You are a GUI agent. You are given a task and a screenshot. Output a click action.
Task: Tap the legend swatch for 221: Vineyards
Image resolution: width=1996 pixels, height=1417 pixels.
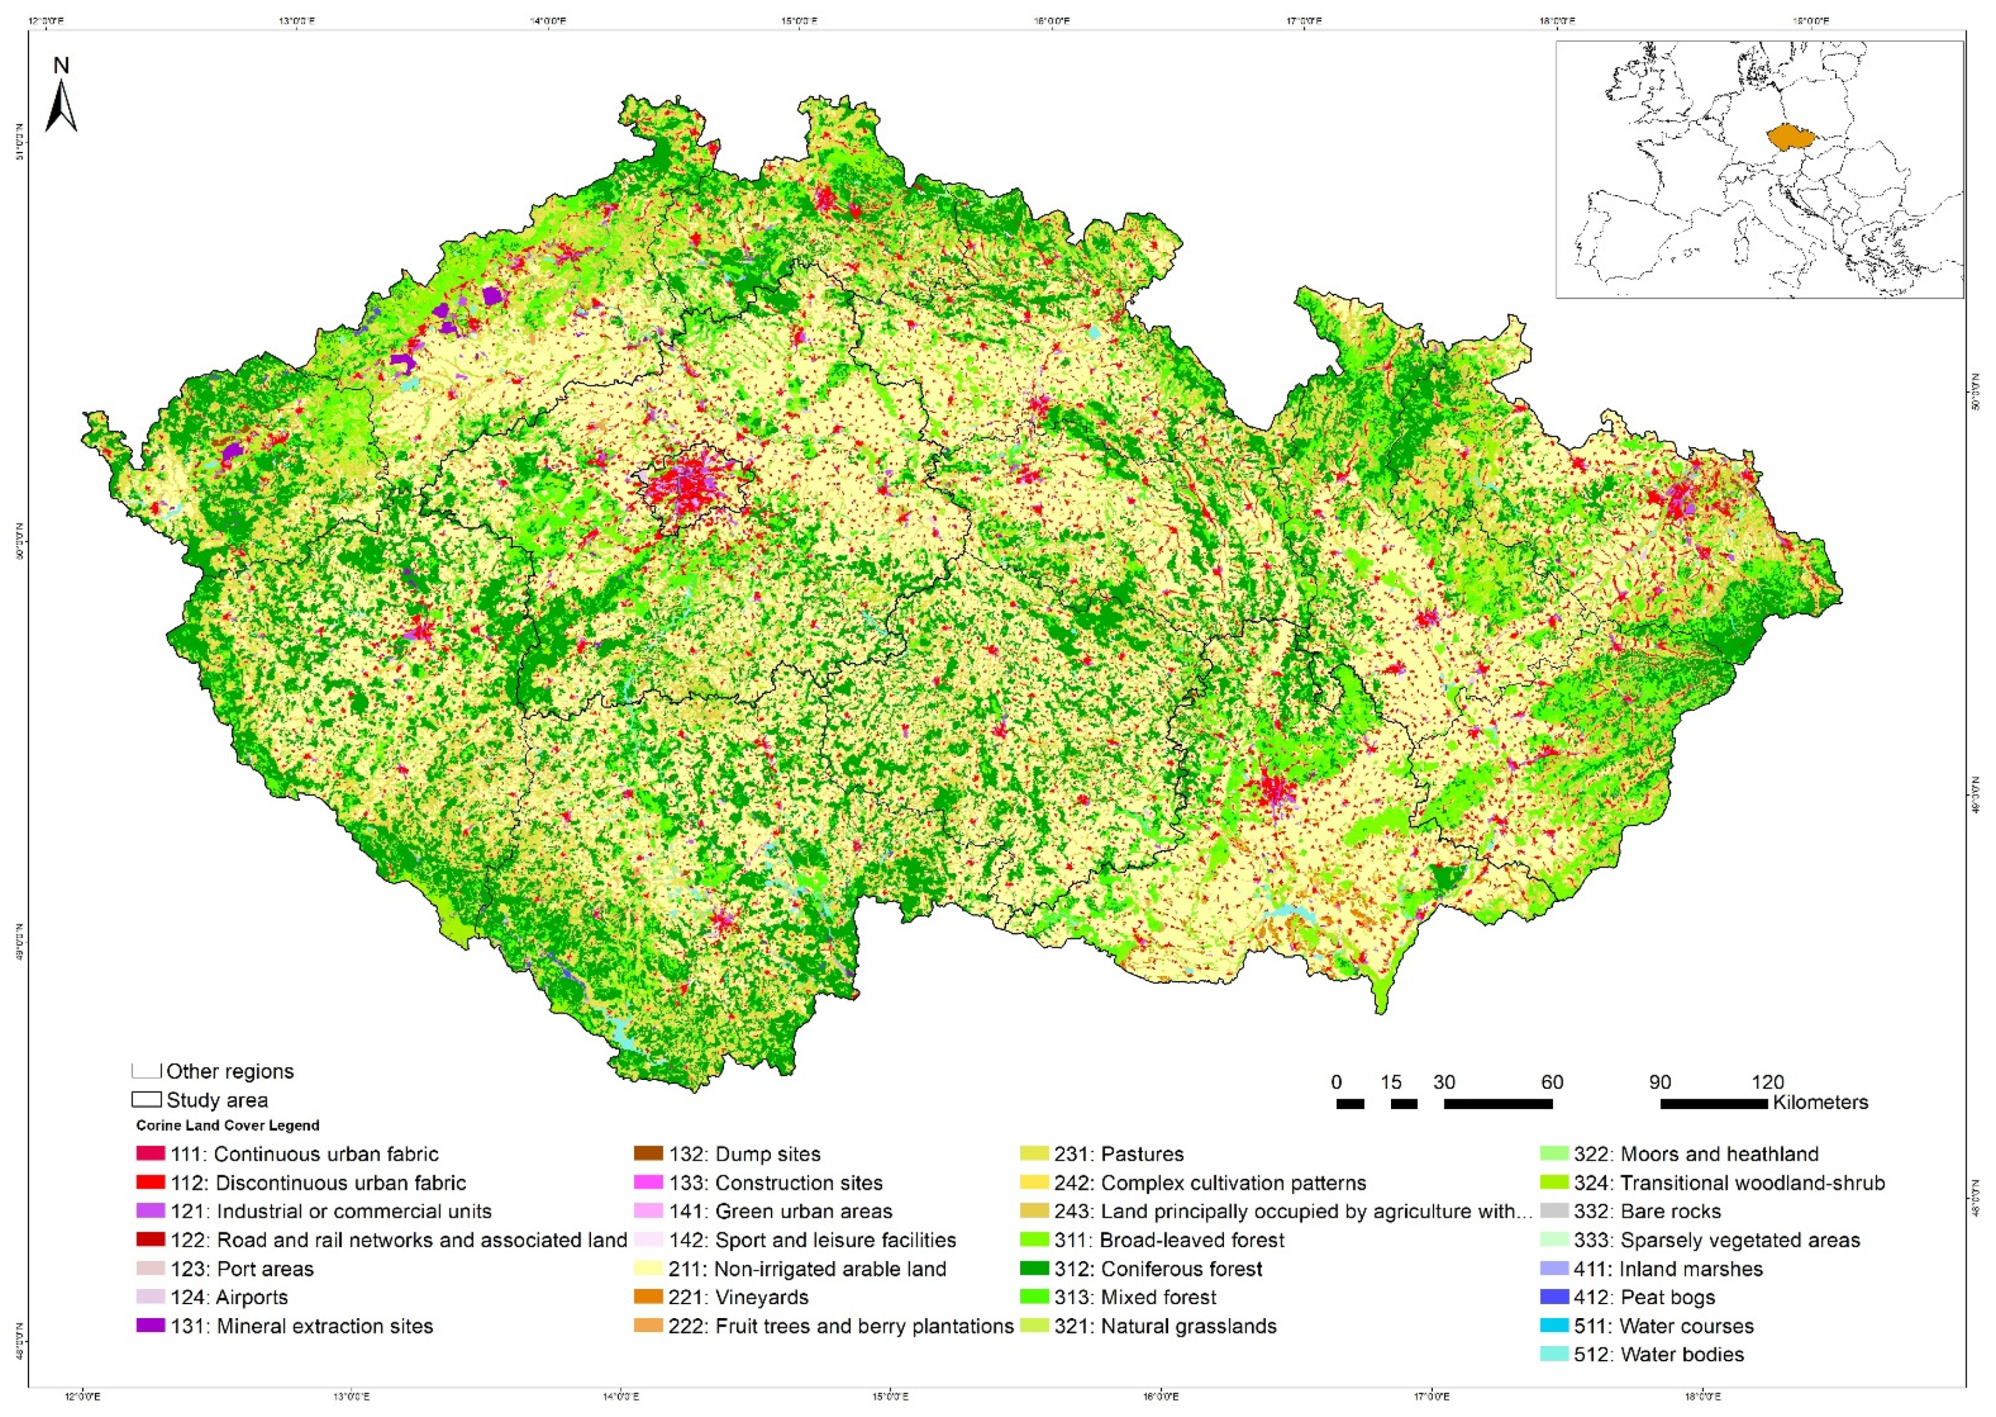click(x=648, y=1298)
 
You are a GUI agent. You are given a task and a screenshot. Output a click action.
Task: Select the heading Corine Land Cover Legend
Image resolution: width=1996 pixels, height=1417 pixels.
click(x=228, y=1126)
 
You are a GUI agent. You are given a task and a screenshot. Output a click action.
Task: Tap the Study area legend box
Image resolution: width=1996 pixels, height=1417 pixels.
click(x=147, y=1101)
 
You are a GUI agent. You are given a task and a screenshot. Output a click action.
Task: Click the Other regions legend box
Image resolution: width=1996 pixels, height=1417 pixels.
click(x=147, y=1071)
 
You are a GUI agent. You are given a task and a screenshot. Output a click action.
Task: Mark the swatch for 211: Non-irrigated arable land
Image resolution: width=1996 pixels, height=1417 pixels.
click(x=648, y=1268)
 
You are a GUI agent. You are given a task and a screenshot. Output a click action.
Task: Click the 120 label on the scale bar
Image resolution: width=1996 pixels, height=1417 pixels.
click(x=1767, y=1083)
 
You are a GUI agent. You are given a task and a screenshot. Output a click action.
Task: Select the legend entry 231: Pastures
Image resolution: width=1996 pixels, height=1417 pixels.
click(x=1142, y=1154)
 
